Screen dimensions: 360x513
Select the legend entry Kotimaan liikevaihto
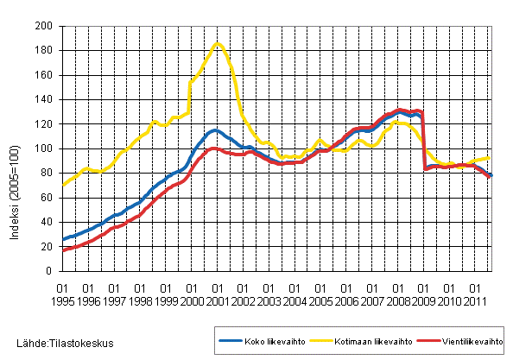point(359,340)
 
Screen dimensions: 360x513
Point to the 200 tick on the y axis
point(45,26)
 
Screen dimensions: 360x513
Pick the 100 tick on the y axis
point(45,148)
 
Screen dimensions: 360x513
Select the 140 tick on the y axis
point(45,99)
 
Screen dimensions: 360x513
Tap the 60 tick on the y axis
point(47,198)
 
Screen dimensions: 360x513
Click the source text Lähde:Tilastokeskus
point(58,344)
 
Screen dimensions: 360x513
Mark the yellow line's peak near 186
point(218,43)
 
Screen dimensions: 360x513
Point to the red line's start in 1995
point(62,250)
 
